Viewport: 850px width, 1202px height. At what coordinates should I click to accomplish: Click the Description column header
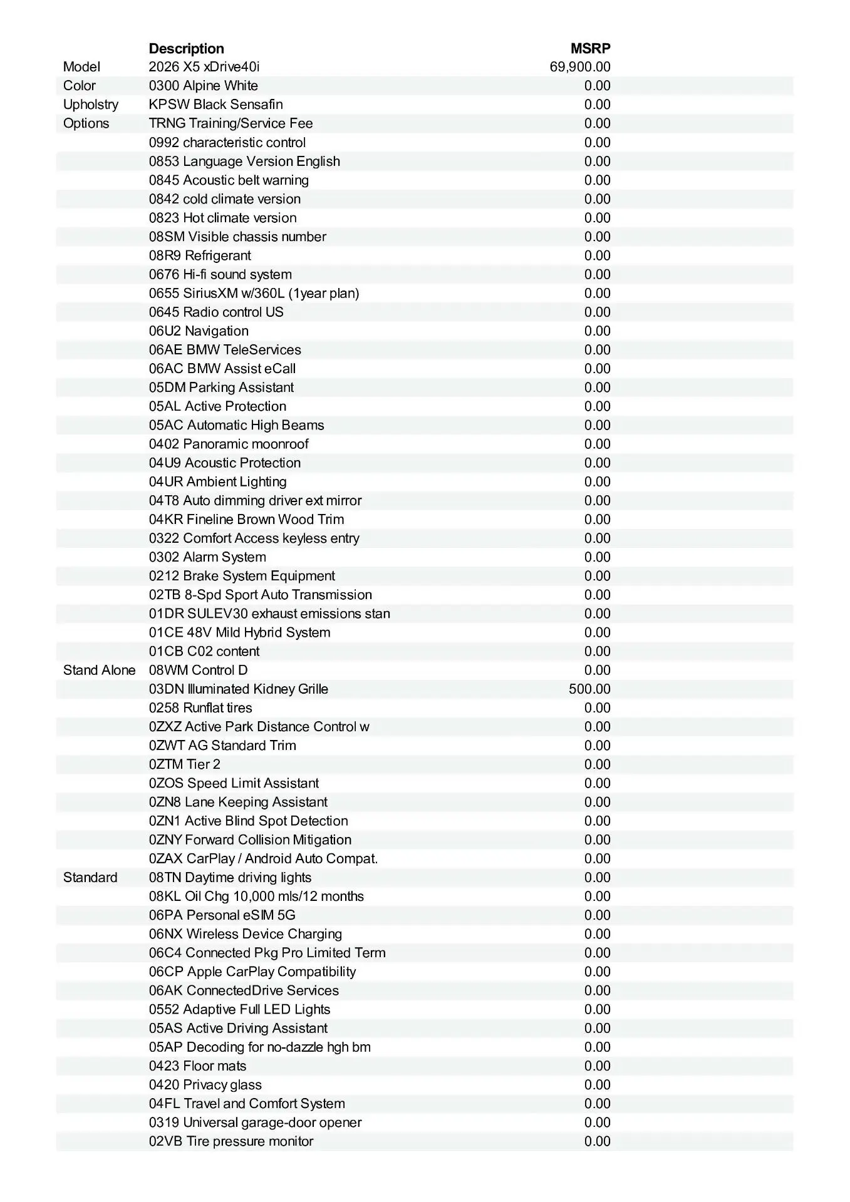(x=186, y=49)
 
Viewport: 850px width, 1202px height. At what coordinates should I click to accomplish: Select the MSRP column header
(x=590, y=49)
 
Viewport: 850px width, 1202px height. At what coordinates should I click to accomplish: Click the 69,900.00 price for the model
(x=579, y=67)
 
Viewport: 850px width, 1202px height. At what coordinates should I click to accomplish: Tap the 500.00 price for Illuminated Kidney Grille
(x=589, y=689)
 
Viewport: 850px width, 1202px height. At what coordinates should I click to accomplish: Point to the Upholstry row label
(x=90, y=105)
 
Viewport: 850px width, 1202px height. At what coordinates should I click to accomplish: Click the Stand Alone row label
(x=99, y=670)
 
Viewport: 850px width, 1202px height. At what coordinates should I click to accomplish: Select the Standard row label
(x=90, y=878)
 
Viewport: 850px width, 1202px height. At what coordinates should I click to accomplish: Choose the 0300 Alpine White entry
(x=203, y=86)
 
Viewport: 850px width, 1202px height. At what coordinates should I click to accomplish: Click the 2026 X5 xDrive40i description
(x=204, y=67)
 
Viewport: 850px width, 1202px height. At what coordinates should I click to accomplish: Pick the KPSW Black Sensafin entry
(x=215, y=105)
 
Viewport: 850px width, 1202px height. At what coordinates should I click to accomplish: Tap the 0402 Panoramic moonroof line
(x=229, y=444)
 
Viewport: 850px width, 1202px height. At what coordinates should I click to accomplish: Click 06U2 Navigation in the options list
(x=199, y=331)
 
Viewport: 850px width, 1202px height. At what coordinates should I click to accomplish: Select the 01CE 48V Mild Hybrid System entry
(x=239, y=633)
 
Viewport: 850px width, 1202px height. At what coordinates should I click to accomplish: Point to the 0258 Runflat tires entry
(x=200, y=708)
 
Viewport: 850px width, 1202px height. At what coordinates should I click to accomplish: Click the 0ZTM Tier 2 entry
(x=184, y=764)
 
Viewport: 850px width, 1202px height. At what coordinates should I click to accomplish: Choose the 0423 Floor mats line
(x=197, y=1066)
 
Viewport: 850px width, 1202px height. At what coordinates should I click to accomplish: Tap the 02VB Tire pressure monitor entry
(x=231, y=1141)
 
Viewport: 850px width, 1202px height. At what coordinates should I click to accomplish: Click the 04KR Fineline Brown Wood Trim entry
(x=246, y=520)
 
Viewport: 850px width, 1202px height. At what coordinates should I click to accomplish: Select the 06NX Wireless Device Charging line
(x=245, y=934)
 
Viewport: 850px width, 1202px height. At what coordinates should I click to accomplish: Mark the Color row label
(x=80, y=86)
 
